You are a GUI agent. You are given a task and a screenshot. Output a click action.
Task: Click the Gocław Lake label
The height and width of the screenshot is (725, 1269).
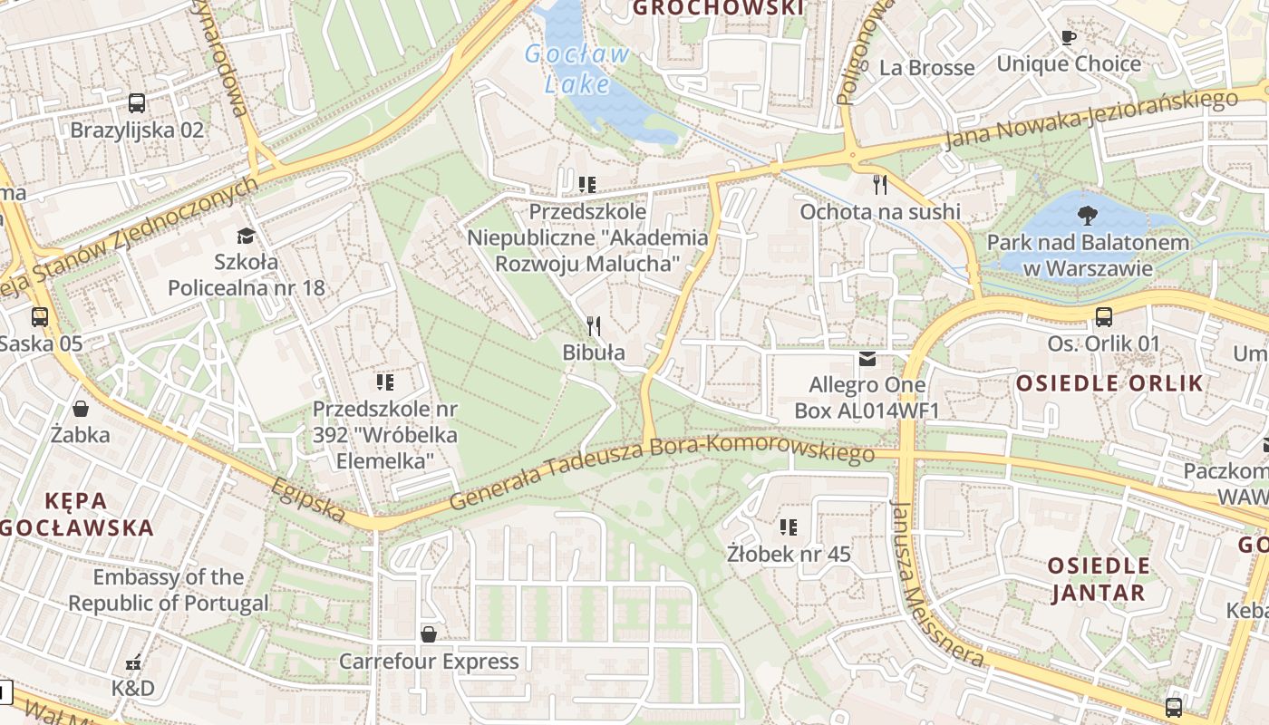(x=577, y=69)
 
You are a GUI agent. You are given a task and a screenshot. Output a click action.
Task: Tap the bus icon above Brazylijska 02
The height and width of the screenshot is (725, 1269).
(x=137, y=103)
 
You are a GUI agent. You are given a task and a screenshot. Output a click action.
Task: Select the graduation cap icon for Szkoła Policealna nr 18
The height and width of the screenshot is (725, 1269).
(x=246, y=237)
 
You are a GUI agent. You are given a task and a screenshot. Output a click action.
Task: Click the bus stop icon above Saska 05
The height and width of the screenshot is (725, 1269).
(x=40, y=317)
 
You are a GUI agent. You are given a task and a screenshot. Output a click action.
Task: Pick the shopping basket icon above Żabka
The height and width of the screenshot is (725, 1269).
(x=81, y=409)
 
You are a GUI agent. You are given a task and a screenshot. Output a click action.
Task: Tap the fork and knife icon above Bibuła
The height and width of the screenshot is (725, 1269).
(x=594, y=326)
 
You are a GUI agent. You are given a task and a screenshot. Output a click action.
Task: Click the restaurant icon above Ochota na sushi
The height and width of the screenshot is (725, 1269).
(x=879, y=186)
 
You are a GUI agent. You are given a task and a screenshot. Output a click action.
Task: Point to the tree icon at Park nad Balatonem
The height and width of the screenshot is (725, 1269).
(x=1087, y=216)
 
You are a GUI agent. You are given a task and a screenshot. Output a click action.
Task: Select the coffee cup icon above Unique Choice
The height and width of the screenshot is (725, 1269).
(x=1069, y=38)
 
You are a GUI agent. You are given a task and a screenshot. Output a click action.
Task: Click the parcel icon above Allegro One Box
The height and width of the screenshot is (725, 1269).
(x=867, y=359)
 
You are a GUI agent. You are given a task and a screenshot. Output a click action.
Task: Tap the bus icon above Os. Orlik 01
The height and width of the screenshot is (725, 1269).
(x=1103, y=317)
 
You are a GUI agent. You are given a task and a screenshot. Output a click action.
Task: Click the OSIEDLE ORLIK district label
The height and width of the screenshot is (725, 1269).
(x=1109, y=382)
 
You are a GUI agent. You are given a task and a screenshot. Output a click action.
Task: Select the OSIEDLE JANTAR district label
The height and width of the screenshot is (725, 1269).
(x=1099, y=579)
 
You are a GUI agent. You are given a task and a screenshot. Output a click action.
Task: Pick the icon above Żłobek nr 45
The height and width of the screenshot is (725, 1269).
(x=789, y=527)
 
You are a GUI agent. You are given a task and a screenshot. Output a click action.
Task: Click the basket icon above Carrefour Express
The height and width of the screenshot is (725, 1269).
(x=429, y=634)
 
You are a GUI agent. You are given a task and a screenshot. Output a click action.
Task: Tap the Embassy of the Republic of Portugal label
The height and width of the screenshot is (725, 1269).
(x=169, y=590)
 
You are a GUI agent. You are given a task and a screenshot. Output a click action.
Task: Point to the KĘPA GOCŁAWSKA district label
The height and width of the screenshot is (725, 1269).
(x=76, y=513)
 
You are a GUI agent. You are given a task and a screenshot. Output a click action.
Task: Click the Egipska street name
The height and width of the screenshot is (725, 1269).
(x=308, y=499)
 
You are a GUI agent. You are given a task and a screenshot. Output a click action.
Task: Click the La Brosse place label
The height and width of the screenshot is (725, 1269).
(x=927, y=68)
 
